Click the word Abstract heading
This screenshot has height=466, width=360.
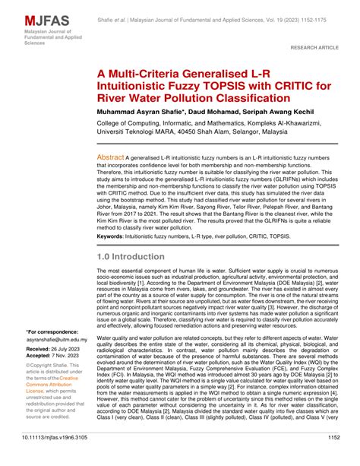(110, 157)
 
